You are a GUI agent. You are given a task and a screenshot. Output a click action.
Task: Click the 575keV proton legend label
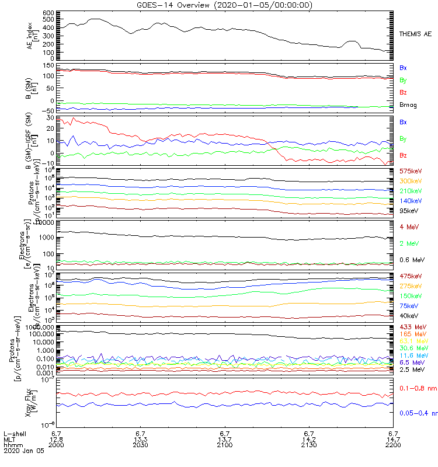[x=410, y=171]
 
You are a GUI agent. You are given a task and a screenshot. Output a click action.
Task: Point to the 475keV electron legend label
[x=410, y=276]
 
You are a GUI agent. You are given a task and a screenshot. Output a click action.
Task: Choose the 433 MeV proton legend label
[x=411, y=326]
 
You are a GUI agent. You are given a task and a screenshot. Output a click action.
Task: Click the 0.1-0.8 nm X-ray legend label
[x=416, y=388]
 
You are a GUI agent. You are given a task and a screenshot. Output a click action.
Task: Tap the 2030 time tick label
[x=141, y=445]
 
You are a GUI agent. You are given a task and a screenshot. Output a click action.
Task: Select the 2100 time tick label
[x=225, y=445]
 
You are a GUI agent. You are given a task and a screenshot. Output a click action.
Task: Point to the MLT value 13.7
[x=225, y=439]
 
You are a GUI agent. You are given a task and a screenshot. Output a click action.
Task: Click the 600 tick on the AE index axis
[x=48, y=12]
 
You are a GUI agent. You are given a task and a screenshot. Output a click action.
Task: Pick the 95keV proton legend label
[x=408, y=211]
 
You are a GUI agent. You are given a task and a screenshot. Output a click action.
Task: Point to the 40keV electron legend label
[x=408, y=315]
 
